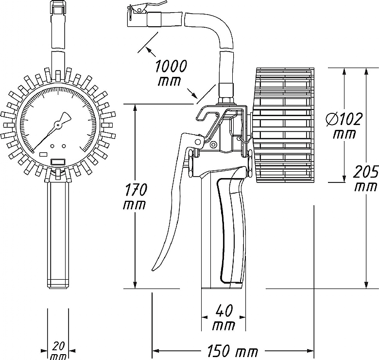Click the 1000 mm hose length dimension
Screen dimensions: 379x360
[x=171, y=73]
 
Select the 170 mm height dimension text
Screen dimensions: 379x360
[x=135, y=197]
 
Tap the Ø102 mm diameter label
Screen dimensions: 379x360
[x=343, y=126]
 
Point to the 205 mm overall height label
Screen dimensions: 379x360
[x=366, y=178]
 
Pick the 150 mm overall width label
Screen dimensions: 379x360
[x=232, y=350]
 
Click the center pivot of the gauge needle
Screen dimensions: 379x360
[x=58, y=125]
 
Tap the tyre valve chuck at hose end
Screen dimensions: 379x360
[x=138, y=16]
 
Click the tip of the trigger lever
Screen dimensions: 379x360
[x=153, y=270]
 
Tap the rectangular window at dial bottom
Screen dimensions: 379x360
[x=58, y=162]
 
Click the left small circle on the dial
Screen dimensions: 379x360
[x=52, y=146]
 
